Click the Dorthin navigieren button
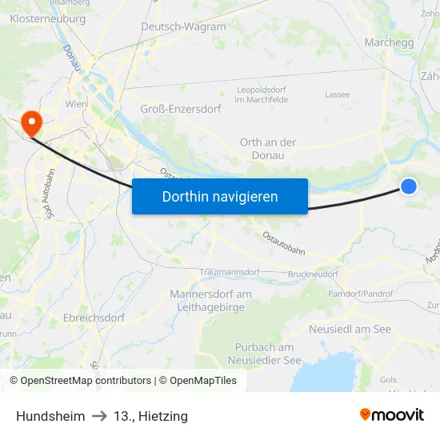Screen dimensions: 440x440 click(x=220, y=196)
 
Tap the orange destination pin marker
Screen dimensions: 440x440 click(x=32, y=122)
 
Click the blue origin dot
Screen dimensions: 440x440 click(x=409, y=186)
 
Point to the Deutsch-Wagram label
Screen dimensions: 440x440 click(x=183, y=26)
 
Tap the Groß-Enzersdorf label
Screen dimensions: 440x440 click(x=179, y=109)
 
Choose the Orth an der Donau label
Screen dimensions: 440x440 click(x=268, y=148)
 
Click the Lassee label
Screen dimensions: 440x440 click(x=337, y=94)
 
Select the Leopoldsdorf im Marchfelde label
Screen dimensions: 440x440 click(x=265, y=94)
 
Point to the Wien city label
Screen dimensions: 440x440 click(x=76, y=104)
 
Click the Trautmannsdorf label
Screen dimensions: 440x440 click(x=230, y=272)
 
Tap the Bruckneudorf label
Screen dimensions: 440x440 click(x=314, y=274)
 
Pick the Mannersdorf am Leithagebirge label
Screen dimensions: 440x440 click(x=210, y=300)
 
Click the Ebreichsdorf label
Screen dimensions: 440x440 click(x=94, y=318)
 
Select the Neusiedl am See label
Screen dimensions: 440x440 click(x=350, y=329)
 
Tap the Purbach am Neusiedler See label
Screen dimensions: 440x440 click(x=265, y=354)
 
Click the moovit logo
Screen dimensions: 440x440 click(x=392, y=415)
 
